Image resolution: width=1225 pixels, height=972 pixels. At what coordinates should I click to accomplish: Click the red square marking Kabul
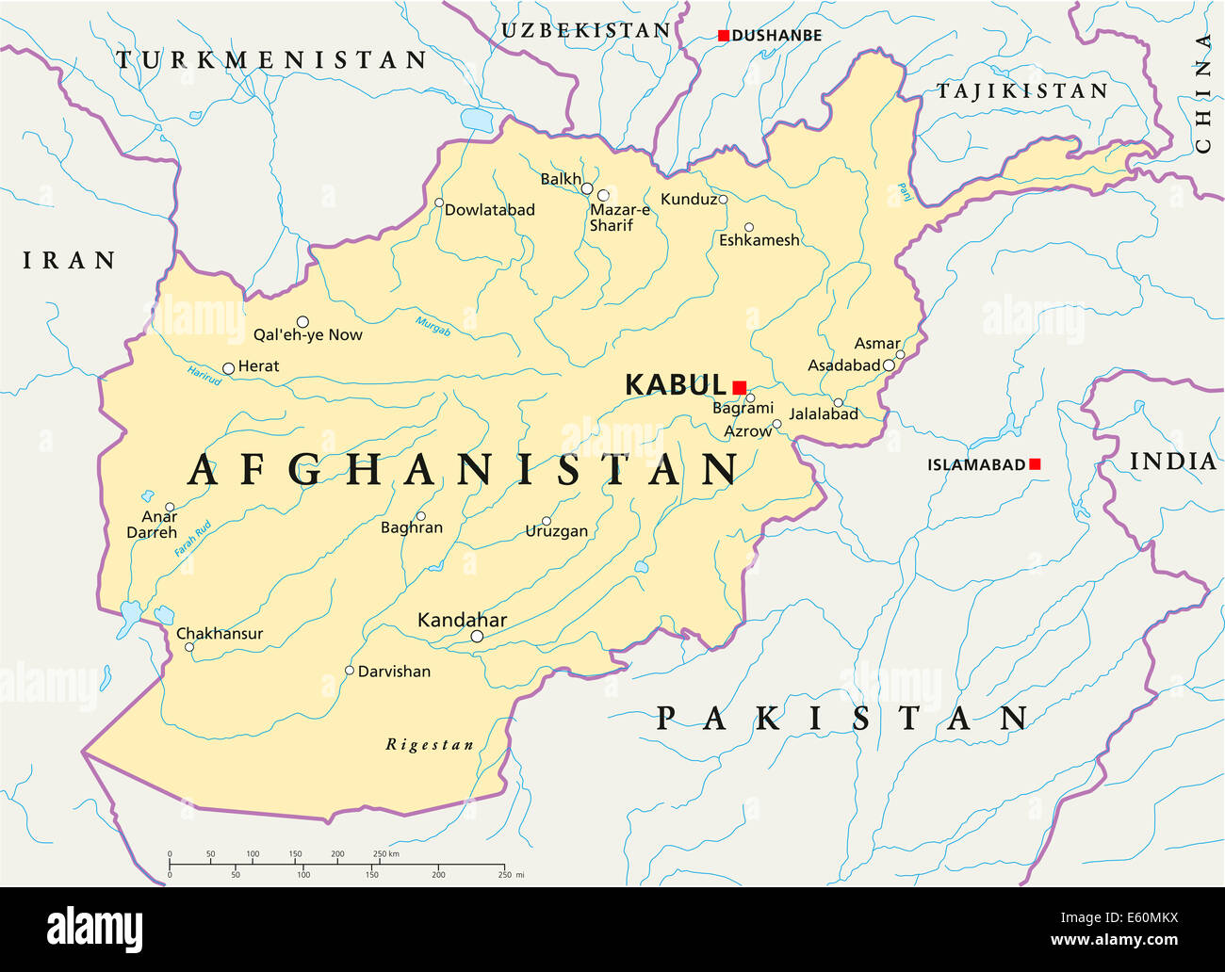tap(739, 387)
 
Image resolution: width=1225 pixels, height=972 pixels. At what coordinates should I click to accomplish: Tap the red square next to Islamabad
tap(1035, 464)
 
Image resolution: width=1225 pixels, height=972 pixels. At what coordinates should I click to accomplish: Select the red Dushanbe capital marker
tap(723, 36)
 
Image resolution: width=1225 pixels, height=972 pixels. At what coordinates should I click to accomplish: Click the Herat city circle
tap(228, 368)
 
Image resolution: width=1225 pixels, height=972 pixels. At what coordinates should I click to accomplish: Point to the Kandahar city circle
tap(477, 637)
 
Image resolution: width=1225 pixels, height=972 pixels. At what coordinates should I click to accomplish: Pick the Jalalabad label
tap(824, 414)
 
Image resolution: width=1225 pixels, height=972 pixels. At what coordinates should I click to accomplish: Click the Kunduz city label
tap(688, 200)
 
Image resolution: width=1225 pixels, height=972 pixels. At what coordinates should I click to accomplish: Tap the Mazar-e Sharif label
tap(618, 218)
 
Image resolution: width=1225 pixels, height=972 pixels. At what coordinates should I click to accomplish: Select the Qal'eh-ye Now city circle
tap(302, 322)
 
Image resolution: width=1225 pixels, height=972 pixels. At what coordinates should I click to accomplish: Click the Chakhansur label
tap(220, 634)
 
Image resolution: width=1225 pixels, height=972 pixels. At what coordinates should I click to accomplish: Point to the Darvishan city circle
tap(349, 671)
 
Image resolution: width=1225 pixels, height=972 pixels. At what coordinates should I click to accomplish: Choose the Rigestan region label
tap(430, 745)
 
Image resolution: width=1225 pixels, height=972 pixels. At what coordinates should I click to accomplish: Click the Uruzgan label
tap(556, 532)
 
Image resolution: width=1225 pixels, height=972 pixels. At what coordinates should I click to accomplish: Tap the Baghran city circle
tap(421, 516)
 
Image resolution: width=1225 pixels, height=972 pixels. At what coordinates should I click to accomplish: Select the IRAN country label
tap(69, 261)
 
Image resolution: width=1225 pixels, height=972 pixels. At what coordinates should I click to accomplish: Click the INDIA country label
tap(1172, 462)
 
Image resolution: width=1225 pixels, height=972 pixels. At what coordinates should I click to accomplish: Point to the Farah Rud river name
tap(193, 539)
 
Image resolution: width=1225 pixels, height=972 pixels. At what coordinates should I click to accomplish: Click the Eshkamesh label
tap(759, 241)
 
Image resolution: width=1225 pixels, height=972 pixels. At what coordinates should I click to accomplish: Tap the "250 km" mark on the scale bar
tap(385, 854)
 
